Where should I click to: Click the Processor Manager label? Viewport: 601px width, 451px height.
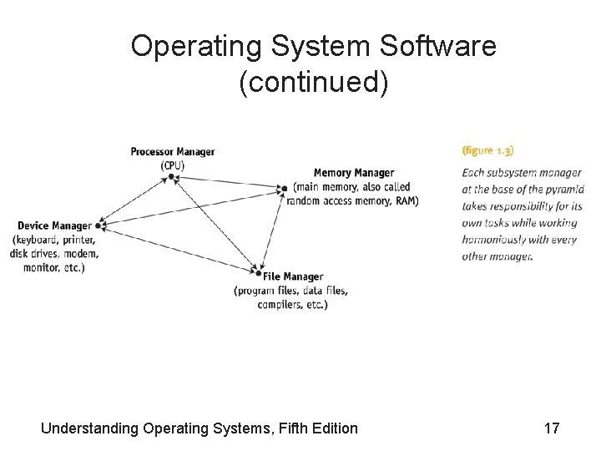click(172, 152)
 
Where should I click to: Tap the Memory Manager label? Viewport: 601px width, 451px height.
click(353, 173)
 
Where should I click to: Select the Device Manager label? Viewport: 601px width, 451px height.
click(54, 225)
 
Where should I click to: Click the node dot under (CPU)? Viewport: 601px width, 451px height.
click(170, 176)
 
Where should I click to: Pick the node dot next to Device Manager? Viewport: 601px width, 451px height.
click(98, 225)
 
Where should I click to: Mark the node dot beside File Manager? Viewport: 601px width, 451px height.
click(257, 271)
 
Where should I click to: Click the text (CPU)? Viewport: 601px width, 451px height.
click(172, 165)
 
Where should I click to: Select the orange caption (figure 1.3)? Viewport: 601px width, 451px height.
click(487, 151)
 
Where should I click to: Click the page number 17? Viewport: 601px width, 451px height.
click(551, 428)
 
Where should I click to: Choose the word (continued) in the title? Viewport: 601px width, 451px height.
click(313, 84)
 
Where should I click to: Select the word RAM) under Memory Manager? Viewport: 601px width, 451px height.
click(407, 200)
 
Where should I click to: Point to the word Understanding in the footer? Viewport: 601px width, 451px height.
click(89, 428)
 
